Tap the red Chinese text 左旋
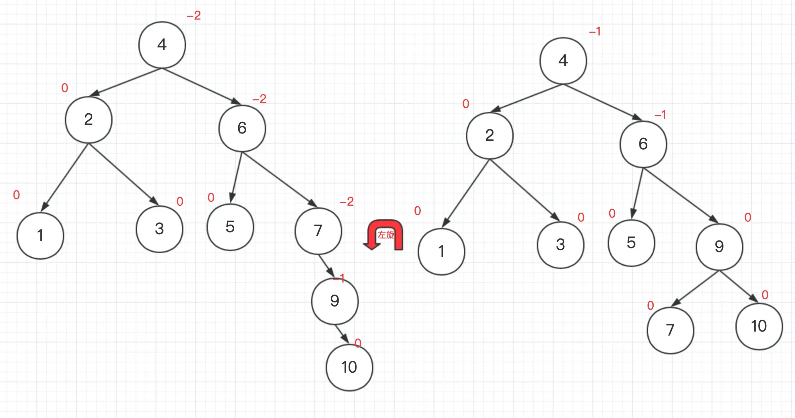point(386,235)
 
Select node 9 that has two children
point(719,247)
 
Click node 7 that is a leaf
point(670,330)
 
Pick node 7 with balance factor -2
point(318,231)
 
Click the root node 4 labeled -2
point(162,45)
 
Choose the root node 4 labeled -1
point(563,61)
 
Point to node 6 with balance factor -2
point(242,128)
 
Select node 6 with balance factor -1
point(643,144)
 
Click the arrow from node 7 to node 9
point(326,266)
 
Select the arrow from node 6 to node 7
point(280,180)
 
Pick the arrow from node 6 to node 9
point(680,195)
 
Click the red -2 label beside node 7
point(347,201)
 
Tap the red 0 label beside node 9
point(748,217)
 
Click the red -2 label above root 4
point(194,15)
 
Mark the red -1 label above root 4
point(595,31)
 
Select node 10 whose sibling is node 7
point(759,326)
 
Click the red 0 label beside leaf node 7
point(650,305)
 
